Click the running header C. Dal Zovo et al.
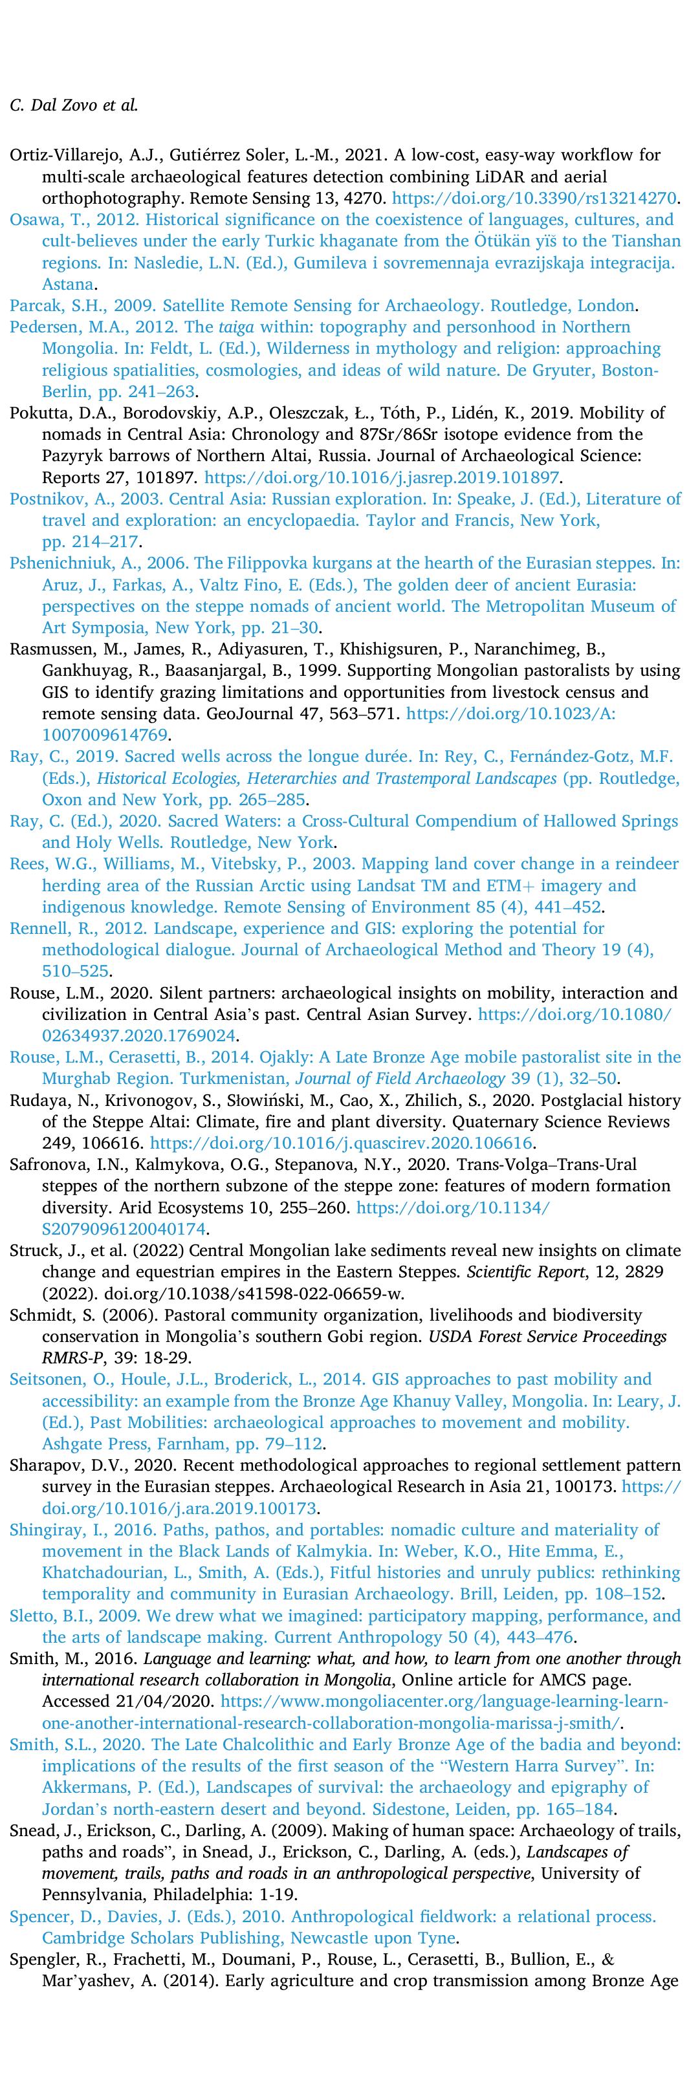[73, 105]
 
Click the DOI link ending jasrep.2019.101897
[384, 477]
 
